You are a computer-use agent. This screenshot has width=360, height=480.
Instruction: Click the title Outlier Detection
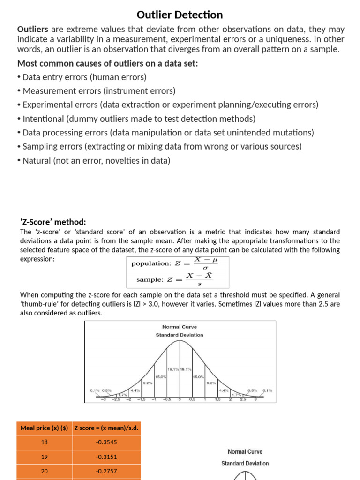tap(180, 15)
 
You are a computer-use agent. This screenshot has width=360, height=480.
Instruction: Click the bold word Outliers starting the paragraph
tap(33, 30)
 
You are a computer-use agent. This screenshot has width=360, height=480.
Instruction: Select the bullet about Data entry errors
tap(82, 77)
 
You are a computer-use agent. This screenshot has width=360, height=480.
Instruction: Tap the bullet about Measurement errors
tap(97, 91)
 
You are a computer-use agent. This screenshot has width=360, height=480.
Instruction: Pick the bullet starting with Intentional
tap(136, 119)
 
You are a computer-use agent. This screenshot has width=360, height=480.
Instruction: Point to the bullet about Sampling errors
tap(159, 146)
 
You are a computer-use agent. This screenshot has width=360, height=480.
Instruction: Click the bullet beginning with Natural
tap(94, 160)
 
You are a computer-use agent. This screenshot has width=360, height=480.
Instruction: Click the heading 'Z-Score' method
tap(53, 222)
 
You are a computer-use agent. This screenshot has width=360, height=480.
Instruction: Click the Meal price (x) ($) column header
tap(45, 428)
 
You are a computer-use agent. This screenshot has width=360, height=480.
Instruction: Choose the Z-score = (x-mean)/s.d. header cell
tap(106, 428)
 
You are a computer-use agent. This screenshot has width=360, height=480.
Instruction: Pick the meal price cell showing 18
tap(45, 442)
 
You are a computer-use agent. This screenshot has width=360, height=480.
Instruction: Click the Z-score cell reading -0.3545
tap(106, 442)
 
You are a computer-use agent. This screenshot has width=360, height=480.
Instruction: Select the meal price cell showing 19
tap(45, 457)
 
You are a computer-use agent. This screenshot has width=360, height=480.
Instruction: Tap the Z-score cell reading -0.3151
tap(106, 457)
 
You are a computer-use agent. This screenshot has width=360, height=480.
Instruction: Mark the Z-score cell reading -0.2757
tap(106, 471)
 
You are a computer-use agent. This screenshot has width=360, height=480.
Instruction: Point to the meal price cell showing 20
tap(45, 471)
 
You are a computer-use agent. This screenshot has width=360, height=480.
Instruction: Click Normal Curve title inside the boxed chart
tap(180, 327)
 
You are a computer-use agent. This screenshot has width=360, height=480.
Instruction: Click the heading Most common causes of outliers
tap(107, 63)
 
